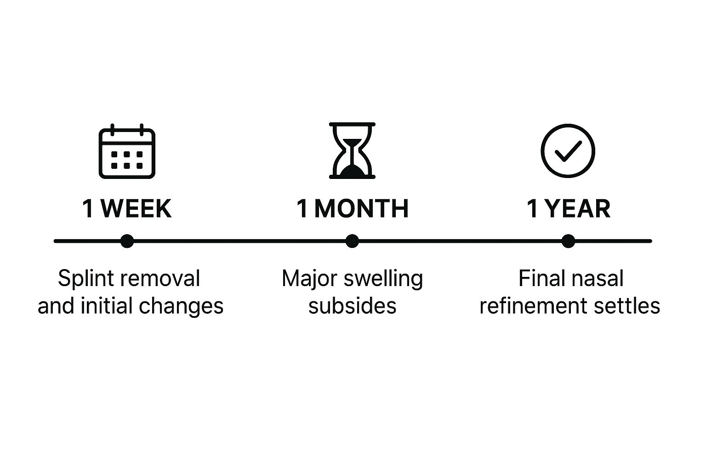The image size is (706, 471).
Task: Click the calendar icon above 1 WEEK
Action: [127, 151]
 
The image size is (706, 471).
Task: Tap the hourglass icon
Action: [352, 150]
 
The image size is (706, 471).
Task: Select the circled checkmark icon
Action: [568, 151]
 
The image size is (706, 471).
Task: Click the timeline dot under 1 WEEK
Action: [127, 241]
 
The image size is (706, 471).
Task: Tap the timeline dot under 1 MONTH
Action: [352, 241]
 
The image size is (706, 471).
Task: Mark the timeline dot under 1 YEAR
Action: [568, 241]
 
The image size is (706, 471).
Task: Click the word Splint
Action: [79, 279]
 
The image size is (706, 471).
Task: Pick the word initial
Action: [109, 306]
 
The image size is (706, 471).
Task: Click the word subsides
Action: [352, 306]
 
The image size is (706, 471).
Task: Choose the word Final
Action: [538, 279]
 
